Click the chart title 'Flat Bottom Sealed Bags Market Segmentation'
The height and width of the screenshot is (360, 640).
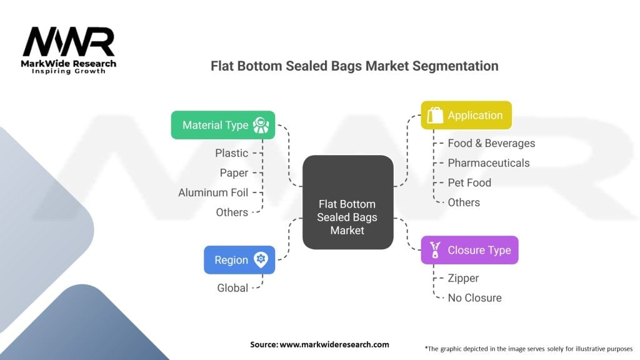pyautogui.click(x=354, y=66)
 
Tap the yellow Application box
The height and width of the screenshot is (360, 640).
pyautogui.click(x=466, y=115)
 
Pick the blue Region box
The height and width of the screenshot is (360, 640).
pyautogui.click(x=239, y=260)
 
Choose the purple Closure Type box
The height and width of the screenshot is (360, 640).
pyautogui.click(x=469, y=250)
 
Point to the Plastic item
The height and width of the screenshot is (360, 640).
pyautogui.click(x=231, y=153)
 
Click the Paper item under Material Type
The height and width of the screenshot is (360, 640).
pyautogui.click(x=234, y=173)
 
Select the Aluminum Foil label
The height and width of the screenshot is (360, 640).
pyautogui.click(x=213, y=192)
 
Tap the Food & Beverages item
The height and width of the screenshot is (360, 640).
pyautogui.click(x=491, y=143)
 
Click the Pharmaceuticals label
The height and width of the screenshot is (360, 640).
pyautogui.click(x=488, y=163)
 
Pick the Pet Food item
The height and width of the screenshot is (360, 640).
pyautogui.click(x=469, y=182)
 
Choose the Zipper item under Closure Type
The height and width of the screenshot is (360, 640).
pyautogui.click(x=463, y=278)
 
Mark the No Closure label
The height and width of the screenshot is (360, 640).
pyautogui.click(x=474, y=298)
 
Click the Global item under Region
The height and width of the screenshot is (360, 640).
pyautogui.click(x=232, y=288)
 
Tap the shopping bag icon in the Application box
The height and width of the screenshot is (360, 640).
pyautogui.click(x=436, y=115)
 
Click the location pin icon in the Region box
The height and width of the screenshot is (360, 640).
pyautogui.click(x=261, y=260)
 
